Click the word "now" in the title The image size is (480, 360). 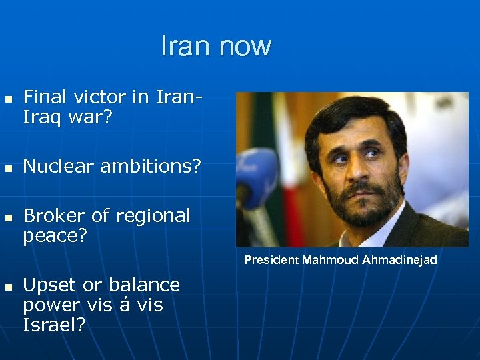coord(245,46)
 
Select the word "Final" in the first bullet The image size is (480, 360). coord(44,97)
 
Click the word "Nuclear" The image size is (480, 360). coord(56,167)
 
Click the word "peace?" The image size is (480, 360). coord(55,236)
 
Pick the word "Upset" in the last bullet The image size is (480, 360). coord(49,286)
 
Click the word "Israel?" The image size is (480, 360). coord(54,325)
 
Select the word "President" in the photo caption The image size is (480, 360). coord(271,260)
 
